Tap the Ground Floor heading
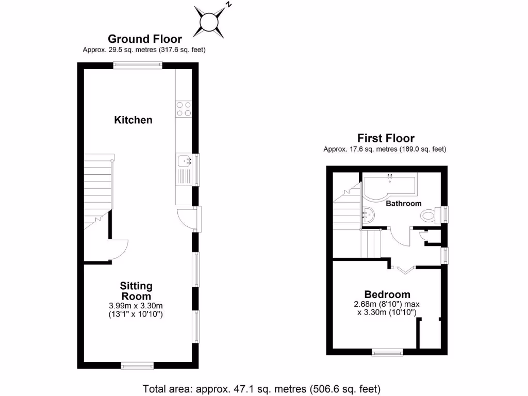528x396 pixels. (x=144, y=39)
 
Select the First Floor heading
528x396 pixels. (x=386, y=138)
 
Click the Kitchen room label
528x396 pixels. (x=133, y=120)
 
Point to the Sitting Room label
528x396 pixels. (x=136, y=291)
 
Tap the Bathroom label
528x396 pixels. (x=404, y=203)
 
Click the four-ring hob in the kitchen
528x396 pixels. (x=184, y=109)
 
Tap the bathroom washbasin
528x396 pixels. (x=367, y=213)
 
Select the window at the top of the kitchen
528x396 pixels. (x=138, y=65)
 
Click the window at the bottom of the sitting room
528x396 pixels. (x=137, y=366)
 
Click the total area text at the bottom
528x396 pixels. (x=261, y=388)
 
